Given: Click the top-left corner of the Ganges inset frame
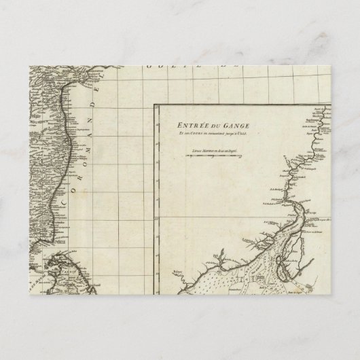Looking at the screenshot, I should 154,103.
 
